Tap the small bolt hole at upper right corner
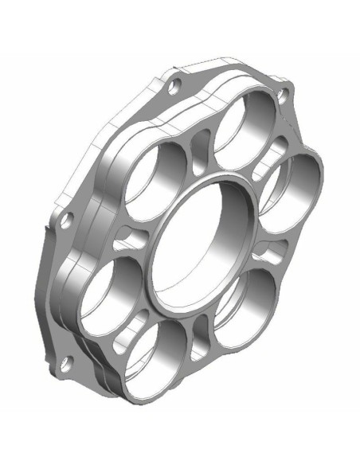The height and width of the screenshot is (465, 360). point(282,96)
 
